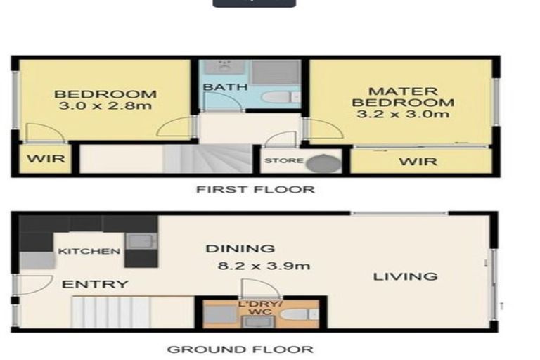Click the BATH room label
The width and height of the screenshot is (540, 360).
(226, 86)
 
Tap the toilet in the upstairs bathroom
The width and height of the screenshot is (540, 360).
(281, 97)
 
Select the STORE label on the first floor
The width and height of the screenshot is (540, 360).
(284, 160)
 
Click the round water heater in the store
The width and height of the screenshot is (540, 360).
(323, 163)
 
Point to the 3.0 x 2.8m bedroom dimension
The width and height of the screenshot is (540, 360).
(105, 105)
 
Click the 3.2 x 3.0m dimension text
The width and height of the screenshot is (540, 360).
(403, 114)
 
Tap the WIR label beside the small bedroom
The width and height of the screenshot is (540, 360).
(46, 159)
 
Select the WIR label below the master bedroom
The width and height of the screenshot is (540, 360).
(418, 161)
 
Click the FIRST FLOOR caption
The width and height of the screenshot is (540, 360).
(255, 189)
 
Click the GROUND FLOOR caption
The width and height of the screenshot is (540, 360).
(240, 349)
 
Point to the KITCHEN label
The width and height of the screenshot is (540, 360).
(89, 251)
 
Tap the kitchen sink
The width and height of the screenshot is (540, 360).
(141, 240)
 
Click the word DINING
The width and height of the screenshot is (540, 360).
(240, 248)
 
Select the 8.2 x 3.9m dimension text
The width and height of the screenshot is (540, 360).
(264, 266)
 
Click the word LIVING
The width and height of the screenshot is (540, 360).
(405, 276)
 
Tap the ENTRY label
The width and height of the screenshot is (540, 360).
(95, 284)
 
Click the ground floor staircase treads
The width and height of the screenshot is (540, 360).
(111, 311)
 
